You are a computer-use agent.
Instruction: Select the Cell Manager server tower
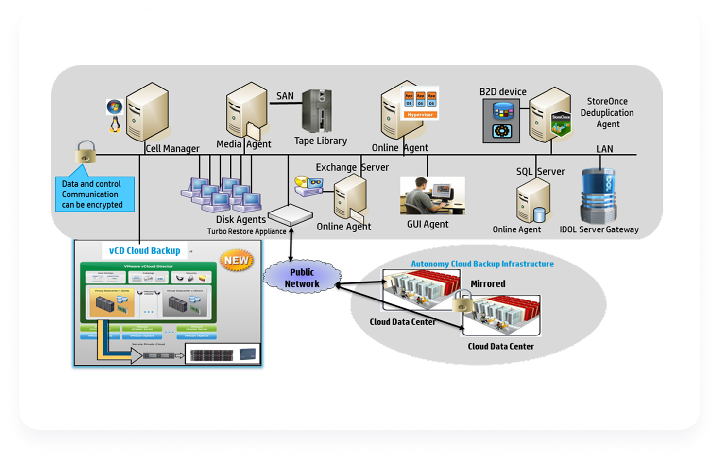tap(148, 112)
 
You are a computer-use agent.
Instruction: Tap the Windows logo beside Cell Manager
tap(115, 107)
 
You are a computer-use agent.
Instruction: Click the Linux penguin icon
tap(115, 125)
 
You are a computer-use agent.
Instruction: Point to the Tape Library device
tap(317, 111)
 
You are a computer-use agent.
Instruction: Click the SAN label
tap(285, 96)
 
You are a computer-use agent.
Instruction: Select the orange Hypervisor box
tap(420, 115)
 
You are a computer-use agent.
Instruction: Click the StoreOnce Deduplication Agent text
tap(607, 113)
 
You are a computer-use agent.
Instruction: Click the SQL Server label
tap(540, 171)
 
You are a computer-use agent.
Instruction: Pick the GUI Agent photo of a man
tap(432, 195)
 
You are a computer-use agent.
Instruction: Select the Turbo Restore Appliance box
tap(290, 214)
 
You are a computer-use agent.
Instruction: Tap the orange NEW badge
tap(237, 260)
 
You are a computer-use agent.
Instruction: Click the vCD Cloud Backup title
tap(144, 251)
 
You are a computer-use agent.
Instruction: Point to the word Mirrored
tap(488, 283)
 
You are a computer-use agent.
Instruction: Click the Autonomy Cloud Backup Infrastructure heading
tap(482, 264)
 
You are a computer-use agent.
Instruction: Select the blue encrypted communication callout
tap(95, 194)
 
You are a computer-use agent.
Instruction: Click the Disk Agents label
tap(241, 219)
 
